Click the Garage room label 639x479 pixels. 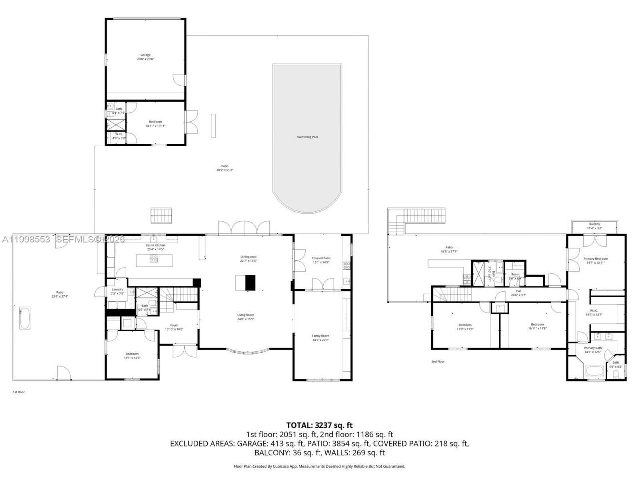coord(145,57)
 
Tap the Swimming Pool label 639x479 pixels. coord(307,137)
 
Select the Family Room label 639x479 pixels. coord(320,338)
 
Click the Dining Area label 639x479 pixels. coord(248,259)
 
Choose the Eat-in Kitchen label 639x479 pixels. coord(155,247)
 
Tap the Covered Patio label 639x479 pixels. coord(321,260)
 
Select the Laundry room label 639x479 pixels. coord(117,291)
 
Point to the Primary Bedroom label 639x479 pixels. coord(596,260)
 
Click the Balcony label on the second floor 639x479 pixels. coord(594,226)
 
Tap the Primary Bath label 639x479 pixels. coord(593,350)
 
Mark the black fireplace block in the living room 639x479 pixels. coord(250,283)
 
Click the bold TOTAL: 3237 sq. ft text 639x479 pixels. coord(319,425)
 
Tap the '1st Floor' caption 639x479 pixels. coord(18,392)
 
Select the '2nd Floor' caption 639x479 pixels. coord(438,362)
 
